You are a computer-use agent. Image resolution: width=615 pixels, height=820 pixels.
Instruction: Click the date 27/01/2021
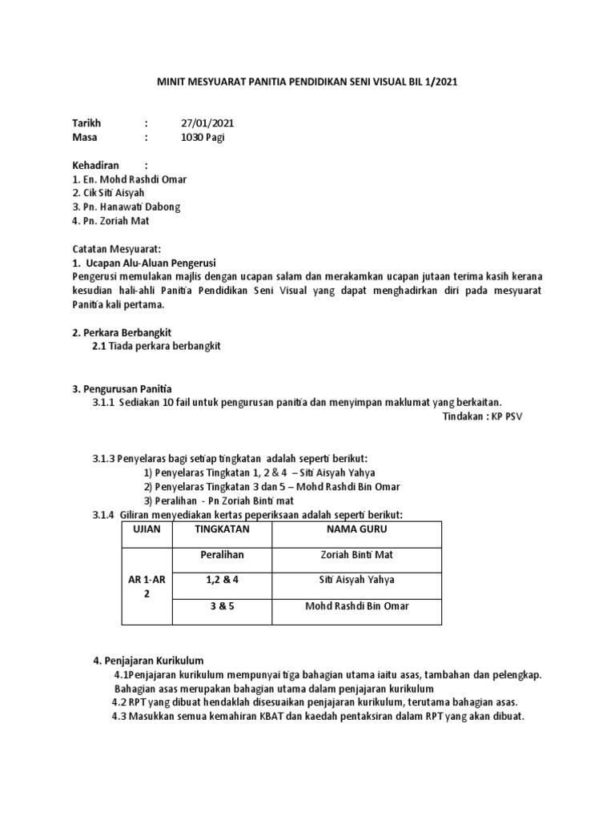click(x=208, y=123)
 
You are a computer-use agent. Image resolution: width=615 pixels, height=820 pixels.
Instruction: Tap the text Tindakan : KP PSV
click(x=482, y=416)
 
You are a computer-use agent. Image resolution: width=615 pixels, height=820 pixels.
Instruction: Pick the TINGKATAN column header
click(x=222, y=529)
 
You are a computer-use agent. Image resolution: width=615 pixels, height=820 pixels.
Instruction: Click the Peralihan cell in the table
click(x=222, y=554)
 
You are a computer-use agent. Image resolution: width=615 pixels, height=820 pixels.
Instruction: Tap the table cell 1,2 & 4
click(x=222, y=580)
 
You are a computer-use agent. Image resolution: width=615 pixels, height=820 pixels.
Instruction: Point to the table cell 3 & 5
click(x=222, y=605)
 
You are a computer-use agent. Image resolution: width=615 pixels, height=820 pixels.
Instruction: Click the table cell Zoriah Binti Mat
click(x=356, y=554)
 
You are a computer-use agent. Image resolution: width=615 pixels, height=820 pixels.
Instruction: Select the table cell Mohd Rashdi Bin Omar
click(x=356, y=605)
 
